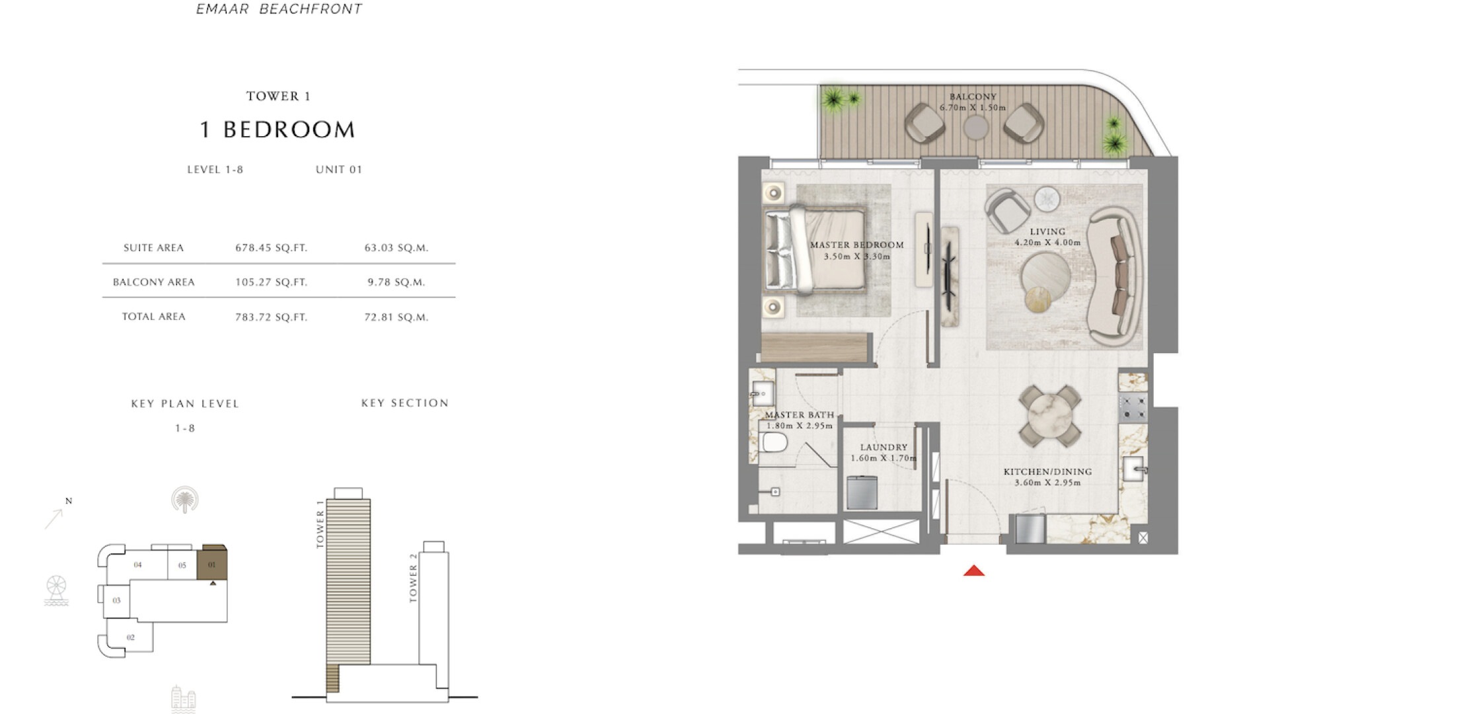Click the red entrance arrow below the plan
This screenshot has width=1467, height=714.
(x=974, y=571)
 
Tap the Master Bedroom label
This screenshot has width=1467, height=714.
(x=856, y=245)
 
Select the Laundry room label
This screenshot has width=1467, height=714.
(x=884, y=447)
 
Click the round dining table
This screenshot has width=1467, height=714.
(x=1049, y=416)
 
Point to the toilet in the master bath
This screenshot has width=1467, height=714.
(x=773, y=442)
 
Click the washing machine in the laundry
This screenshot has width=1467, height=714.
(x=862, y=493)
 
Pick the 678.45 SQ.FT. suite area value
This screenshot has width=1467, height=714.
(x=272, y=248)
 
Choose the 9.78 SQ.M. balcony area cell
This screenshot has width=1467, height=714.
(x=396, y=282)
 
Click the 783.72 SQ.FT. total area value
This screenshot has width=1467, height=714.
(x=272, y=317)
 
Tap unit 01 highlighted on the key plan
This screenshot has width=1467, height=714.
(x=212, y=564)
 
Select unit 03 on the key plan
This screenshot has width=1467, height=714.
(x=116, y=600)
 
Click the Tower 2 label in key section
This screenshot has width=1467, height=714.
(x=414, y=578)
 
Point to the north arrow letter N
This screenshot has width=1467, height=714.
(x=69, y=501)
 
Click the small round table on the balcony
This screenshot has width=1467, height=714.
(x=975, y=128)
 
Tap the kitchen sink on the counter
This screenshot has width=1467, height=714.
(x=1133, y=469)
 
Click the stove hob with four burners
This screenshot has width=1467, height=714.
(x=1133, y=407)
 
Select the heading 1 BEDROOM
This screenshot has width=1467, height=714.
(x=278, y=130)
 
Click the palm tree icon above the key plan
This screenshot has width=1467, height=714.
(x=185, y=500)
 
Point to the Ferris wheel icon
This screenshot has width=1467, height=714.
(x=56, y=590)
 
